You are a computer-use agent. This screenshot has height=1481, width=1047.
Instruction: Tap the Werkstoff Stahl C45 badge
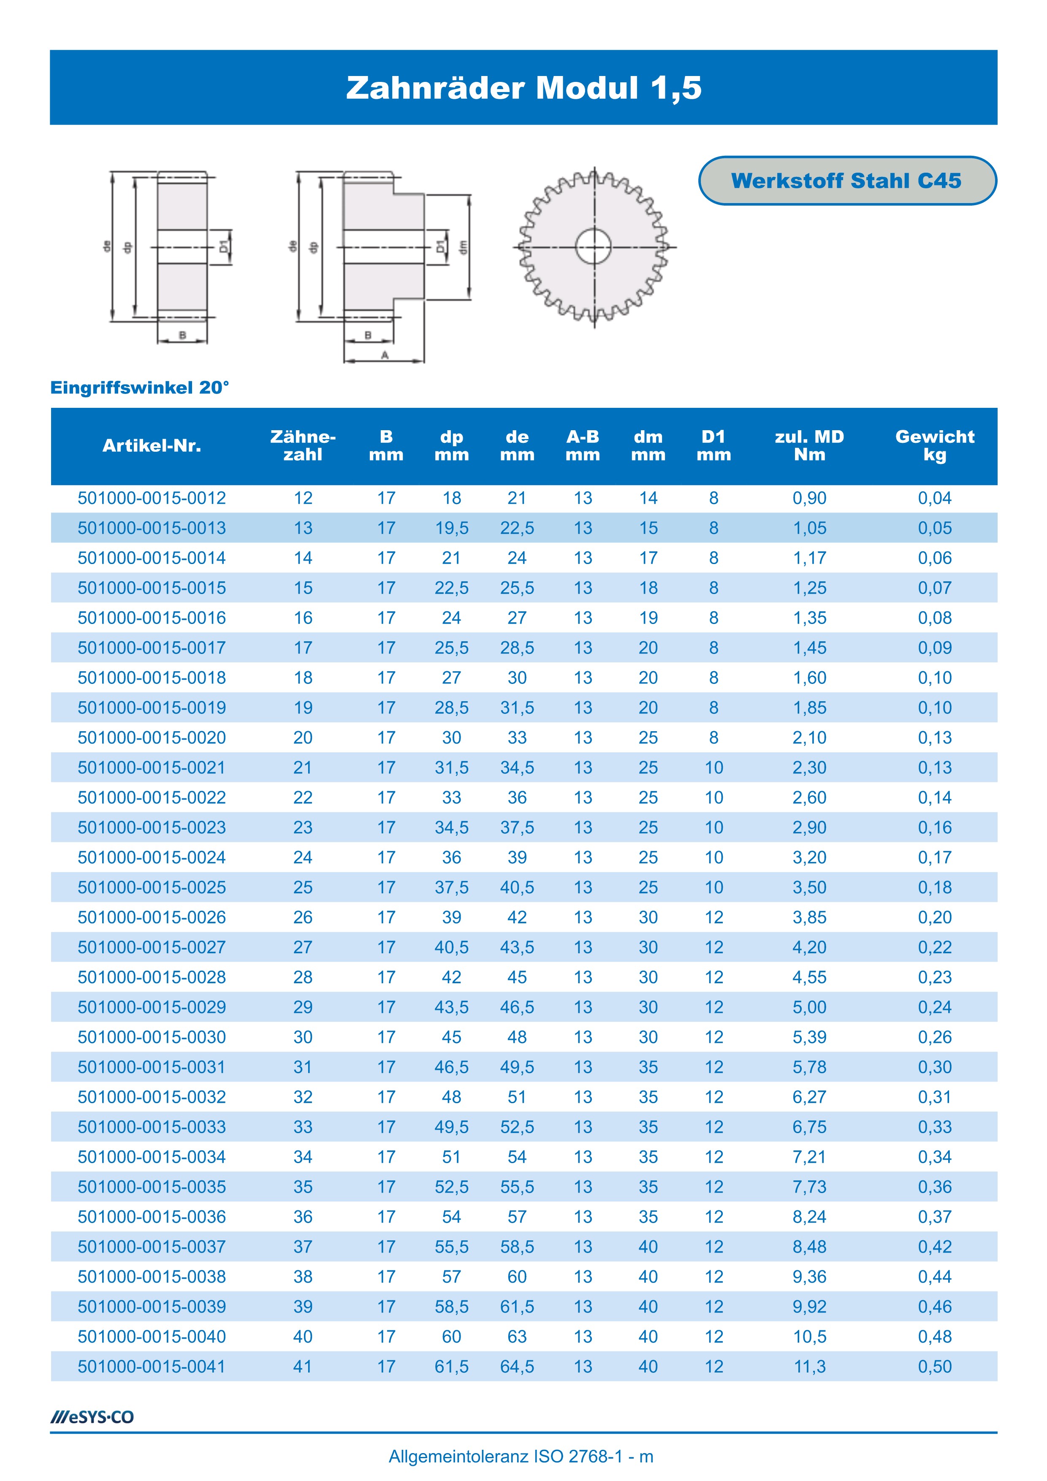pyautogui.click(x=846, y=181)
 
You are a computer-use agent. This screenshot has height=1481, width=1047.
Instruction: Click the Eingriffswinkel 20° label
pyautogui.click(x=139, y=388)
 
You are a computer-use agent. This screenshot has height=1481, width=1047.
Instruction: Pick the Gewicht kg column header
pyautogui.click(x=934, y=446)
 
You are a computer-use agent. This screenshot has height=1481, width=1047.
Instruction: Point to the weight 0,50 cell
pyautogui.click(x=934, y=1366)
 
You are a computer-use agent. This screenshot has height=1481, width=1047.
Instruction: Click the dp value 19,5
pyautogui.click(x=452, y=528)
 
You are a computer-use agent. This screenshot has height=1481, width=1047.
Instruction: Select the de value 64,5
pyautogui.click(x=517, y=1366)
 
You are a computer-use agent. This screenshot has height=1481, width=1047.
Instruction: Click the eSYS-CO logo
pyautogui.click(x=92, y=1417)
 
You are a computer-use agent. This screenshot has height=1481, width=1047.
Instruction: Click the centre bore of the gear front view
pyautogui.click(x=594, y=247)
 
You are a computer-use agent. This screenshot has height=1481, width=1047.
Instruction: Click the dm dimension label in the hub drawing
pyautogui.click(x=463, y=247)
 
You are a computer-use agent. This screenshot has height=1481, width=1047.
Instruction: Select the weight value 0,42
pyautogui.click(x=934, y=1246)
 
